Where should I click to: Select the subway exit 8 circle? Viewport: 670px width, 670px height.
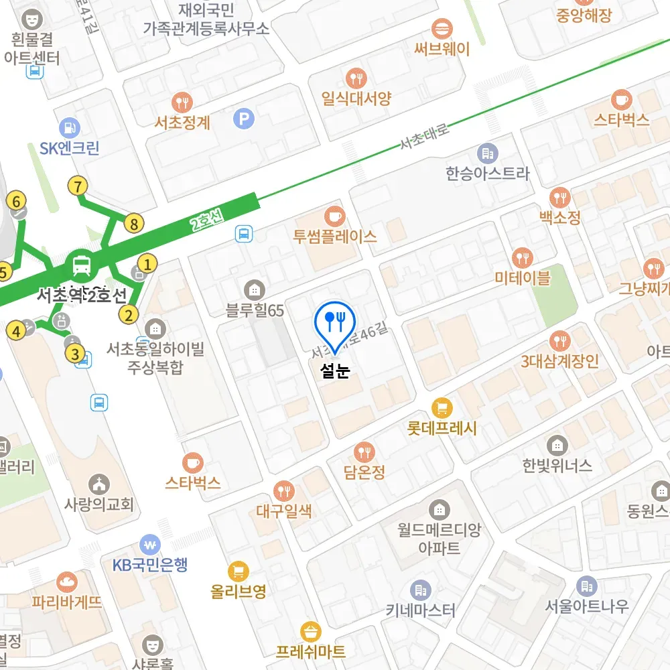pyautogui.click(x=134, y=224)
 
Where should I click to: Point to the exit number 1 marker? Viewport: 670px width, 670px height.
pyautogui.click(x=147, y=264)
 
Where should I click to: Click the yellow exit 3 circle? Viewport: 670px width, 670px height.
pyautogui.click(x=76, y=354)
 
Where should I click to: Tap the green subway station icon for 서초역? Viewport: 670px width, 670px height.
pyautogui.click(x=82, y=265)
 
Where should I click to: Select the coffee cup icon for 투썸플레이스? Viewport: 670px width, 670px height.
pyautogui.click(x=334, y=216)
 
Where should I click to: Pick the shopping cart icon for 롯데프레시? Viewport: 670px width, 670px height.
pyautogui.click(x=442, y=407)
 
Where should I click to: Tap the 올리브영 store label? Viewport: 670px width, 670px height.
pyautogui.click(x=238, y=592)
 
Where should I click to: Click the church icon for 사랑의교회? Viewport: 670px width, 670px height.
pyautogui.click(x=99, y=483)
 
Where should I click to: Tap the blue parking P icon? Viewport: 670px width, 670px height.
pyautogui.click(x=244, y=120)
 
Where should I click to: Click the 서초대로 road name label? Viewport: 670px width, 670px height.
pyautogui.click(x=424, y=136)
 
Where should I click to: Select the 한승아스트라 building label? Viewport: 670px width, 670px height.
pyautogui.click(x=487, y=174)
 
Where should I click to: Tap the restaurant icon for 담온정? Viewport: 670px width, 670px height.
pyautogui.click(x=364, y=452)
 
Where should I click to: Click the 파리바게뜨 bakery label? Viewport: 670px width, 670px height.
pyautogui.click(x=67, y=602)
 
